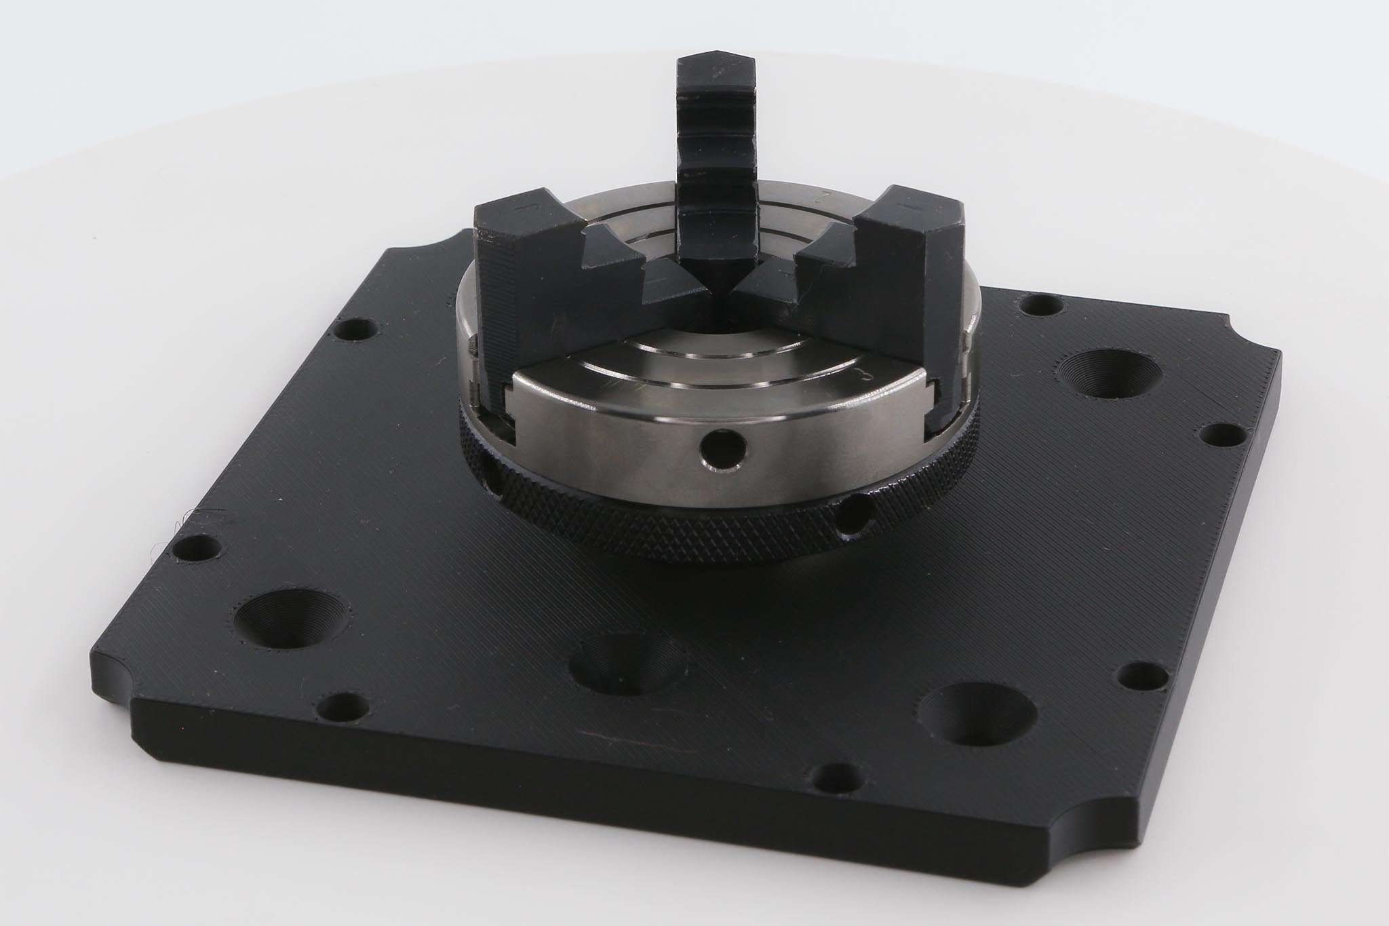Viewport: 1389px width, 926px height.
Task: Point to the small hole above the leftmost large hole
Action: pyautogui.click(x=196, y=548)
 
